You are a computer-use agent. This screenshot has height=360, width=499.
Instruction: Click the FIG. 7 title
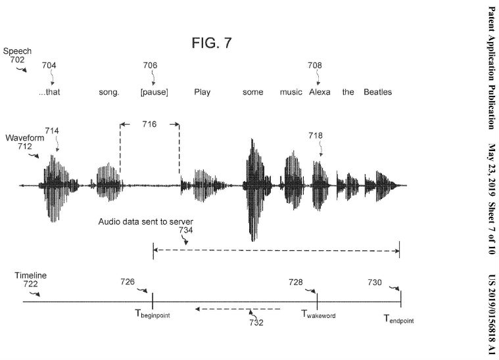[x=212, y=43]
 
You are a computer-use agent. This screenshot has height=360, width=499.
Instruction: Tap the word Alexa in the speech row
[x=320, y=92]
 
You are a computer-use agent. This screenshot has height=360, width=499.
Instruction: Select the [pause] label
[x=154, y=92]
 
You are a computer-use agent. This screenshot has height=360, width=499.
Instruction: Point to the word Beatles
[x=378, y=92]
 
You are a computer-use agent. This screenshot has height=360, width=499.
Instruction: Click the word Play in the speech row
[x=202, y=92]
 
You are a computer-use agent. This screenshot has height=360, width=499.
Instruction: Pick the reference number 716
[x=150, y=124]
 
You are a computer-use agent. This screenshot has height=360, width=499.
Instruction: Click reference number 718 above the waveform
[x=316, y=136]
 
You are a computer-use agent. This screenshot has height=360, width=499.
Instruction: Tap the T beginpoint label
[x=153, y=314]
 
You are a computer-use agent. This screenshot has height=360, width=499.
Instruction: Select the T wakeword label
[x=318, y=314]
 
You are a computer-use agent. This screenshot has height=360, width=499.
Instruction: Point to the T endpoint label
[x=399, y=319]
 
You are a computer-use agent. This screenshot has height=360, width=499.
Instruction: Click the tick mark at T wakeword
[x=318, y=301]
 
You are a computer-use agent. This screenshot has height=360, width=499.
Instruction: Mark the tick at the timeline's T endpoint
[x=400, y=299]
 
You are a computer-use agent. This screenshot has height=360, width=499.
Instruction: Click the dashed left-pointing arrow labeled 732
[x=238, y=309]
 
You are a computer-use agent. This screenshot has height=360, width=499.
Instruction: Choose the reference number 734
[x=185, y=230]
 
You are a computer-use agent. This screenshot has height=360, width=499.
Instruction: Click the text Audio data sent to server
[x=146, y=221]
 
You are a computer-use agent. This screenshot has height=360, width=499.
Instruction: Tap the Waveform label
[x=25, y=138]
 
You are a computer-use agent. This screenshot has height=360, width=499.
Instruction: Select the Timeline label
[x=30, y=275]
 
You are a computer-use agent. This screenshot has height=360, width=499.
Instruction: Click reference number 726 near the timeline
[x=128, y=282]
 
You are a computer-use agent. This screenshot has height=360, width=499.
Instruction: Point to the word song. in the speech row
[x=109, y=93]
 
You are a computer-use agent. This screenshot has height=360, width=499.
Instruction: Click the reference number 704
[x=49, y=66]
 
